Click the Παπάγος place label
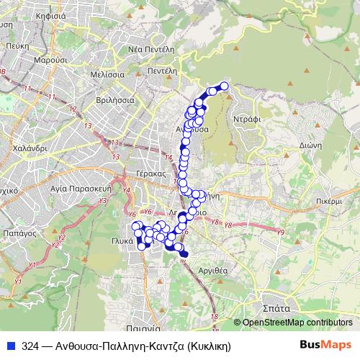[19, 233]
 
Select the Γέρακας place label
[150, 174]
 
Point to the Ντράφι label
[246, 115]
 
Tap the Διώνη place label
[310, 144]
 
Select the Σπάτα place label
[276, 307]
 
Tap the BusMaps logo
[325, 345]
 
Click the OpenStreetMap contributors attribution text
[297, 323]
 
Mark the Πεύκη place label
[15, 44]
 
